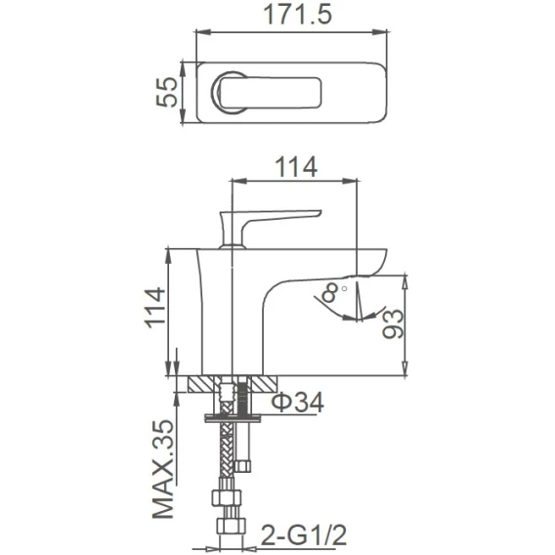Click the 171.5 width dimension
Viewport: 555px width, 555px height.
298,16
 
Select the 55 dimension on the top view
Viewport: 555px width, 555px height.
166,92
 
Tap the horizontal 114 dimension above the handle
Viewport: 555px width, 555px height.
296,167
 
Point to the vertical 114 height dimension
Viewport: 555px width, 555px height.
155,308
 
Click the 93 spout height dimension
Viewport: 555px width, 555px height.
393,323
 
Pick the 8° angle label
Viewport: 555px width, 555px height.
333,293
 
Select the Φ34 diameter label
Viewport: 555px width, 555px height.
298,403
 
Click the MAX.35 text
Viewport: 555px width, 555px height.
163,470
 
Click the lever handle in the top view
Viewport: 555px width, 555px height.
266,93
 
